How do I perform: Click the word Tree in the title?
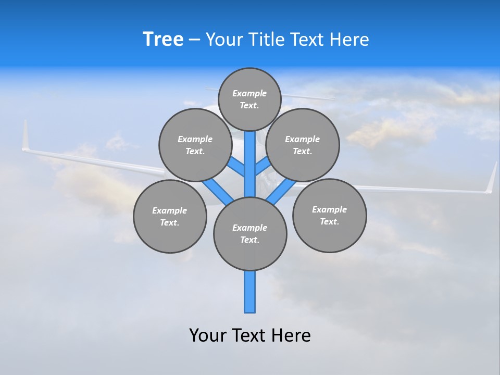tap(163, 39)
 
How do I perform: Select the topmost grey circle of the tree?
tap(249, 99)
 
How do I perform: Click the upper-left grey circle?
tap(195, 145)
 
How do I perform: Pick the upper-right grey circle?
tap(303, 145)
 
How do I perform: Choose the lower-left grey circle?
tap(170, 216)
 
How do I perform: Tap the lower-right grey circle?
tap(329, 215)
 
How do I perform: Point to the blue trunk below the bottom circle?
tap(250, 292)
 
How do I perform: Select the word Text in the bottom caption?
tap(250, 335)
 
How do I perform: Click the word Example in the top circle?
tap(249, 93)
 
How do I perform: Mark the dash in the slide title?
tap(194, 40)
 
